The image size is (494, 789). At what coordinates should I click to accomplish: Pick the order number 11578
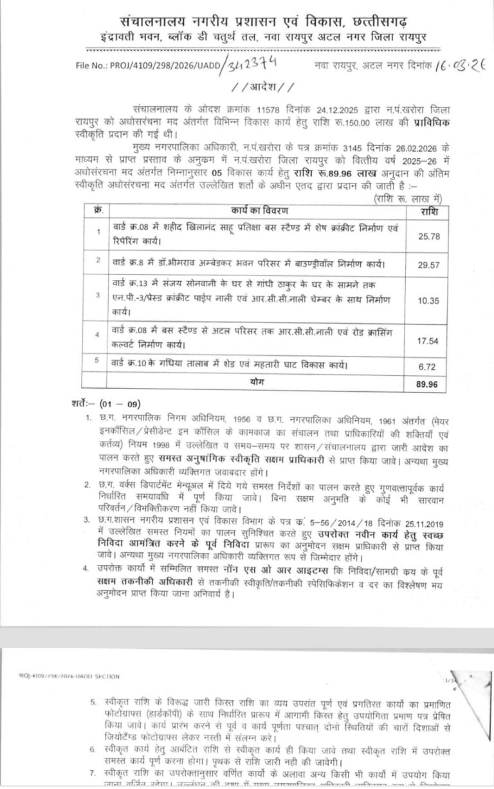tap(235, 109)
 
